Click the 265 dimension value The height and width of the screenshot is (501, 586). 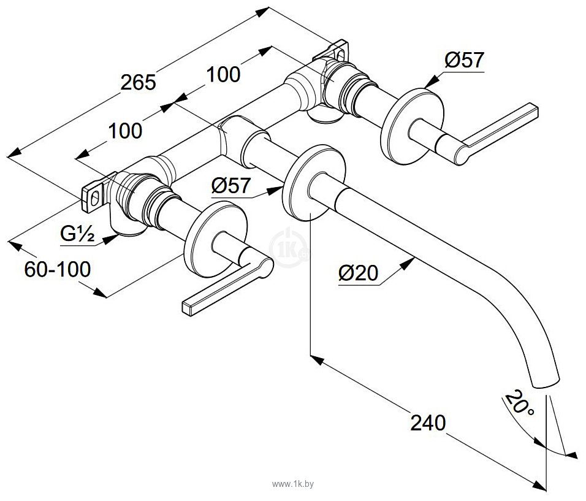pyautogui.click(x=138, y=82)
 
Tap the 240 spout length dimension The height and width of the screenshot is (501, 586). pyautogui.click(x=428, y=423)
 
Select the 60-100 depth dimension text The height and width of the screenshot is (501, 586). pyautogui.click(x=57, y=269)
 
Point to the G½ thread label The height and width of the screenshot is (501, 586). pyautogui.click(x=77, y=234)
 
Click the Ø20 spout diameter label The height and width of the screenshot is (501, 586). pyautogui.click(x=358, y=273)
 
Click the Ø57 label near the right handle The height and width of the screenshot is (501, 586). pyautogui.click(x=464, y=60)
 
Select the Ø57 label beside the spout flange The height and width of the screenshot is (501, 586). pyautogui.click(x=231, y=185)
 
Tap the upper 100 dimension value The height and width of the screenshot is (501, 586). pyautogui.click(x=223, y=74)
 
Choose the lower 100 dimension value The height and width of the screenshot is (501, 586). pyautogui.click(x=125, y=131)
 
